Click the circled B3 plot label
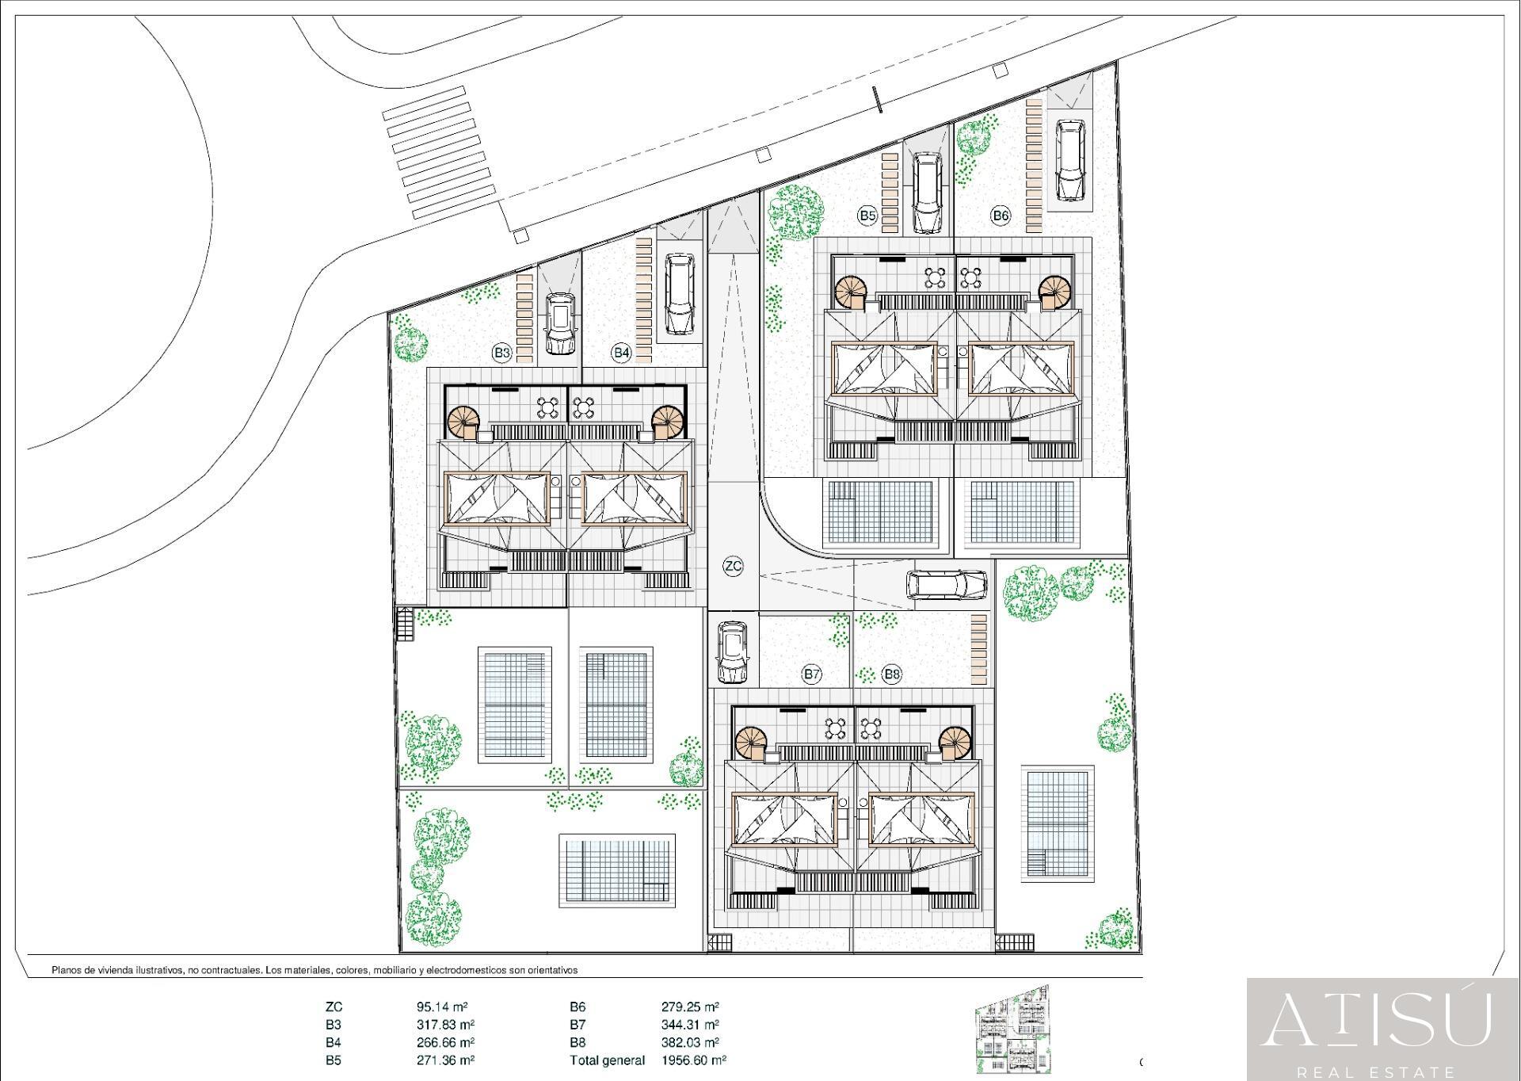point(501,353)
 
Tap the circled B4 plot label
point(621,353)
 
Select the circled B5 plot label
point(867,215)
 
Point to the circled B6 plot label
point(1001,215)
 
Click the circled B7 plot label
point(811,674)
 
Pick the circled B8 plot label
point(892,674)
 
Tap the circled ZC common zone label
point(734,566)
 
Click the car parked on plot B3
point(560,323)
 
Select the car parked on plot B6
point(1070,161)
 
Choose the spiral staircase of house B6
point(1054,292)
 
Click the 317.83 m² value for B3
point(445,1025)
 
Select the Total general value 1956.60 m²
point(694,1060)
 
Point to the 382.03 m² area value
point(690,1042)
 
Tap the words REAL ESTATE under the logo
point(1382,1072)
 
